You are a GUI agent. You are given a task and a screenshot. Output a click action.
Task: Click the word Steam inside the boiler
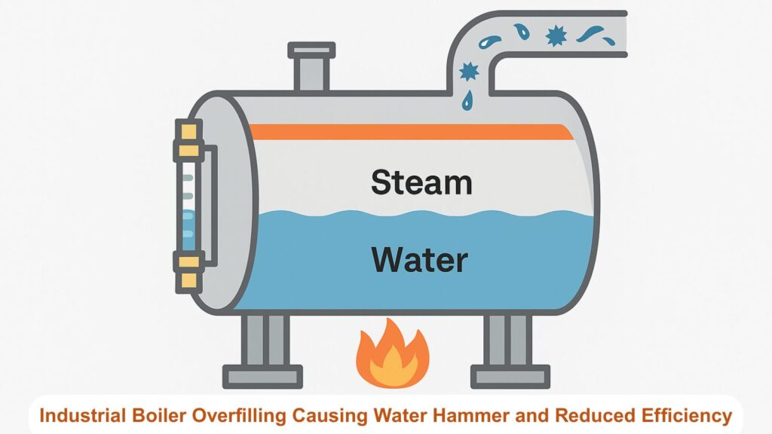pos(421,182)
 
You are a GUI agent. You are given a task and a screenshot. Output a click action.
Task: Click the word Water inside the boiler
pos(419,260)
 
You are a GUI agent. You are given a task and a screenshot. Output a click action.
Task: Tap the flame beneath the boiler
pos(392,353)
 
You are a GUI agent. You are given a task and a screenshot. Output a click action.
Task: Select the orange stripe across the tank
pos(412,132)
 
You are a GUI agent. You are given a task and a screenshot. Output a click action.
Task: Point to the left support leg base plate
pos(262,377)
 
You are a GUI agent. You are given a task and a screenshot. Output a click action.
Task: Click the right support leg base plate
pos(510,377)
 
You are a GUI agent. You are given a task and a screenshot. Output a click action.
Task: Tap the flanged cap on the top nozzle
pos(311,50)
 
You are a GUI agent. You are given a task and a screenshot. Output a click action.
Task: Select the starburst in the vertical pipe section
pos(469,72)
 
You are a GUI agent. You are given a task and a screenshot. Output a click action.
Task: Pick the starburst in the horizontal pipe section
pos(556,35)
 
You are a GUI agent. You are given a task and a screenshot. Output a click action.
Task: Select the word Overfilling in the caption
pos(239,416)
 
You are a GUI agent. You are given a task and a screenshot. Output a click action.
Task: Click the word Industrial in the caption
pos(83,416)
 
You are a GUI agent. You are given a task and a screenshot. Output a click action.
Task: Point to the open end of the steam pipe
pos(625,34)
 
